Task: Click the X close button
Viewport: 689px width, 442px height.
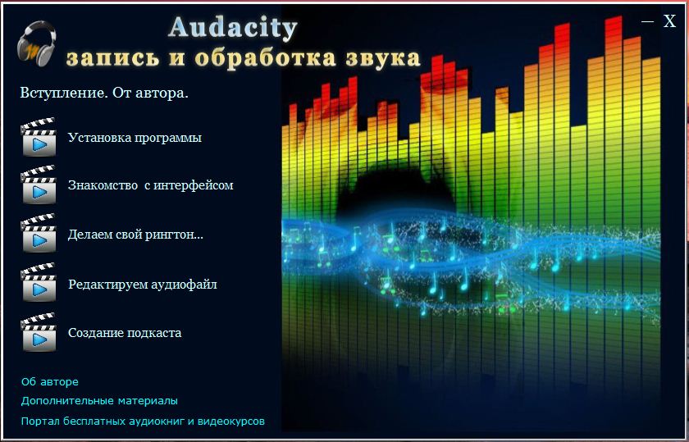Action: [x=669, y=21]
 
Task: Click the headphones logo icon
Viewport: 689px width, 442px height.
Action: [x=37, y=43]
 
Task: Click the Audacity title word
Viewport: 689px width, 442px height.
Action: [x=232, y=28]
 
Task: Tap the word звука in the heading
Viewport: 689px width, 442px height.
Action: [x=383, y=58]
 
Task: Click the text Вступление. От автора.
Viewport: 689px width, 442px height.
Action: [x=104, y=93]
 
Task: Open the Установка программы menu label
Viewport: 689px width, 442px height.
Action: [x=135, y=138]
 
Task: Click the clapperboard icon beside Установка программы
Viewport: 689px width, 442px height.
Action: [x=39, y=137]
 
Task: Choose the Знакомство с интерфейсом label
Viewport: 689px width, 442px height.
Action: [x=151, y=185]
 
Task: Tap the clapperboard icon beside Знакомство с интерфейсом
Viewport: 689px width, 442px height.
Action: [x=39, y=185]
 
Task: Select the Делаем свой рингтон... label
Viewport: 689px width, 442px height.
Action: [x=136, y=235]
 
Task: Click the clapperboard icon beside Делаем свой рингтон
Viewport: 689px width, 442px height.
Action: [x=39, y=233]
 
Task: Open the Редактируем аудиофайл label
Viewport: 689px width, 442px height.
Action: [x=143, y=285]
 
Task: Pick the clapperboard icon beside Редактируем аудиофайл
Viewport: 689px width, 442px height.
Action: [x=39, y=282]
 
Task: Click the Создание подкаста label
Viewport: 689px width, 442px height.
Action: [x=125, y=333]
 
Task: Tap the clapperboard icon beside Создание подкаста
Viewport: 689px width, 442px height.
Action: [x=39, y=332]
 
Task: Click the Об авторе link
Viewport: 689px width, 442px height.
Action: [x=50, y=382]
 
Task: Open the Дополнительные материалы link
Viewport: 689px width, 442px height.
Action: [x=99, y=401]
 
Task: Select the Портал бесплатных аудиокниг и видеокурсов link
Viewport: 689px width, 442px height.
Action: [x=143, y=421]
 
